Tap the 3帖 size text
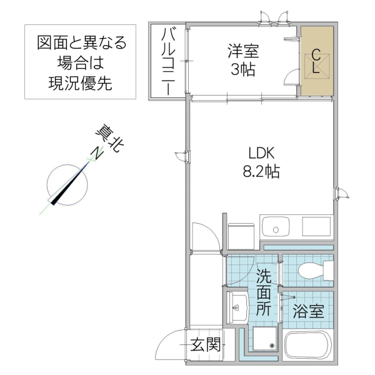click(x=242, y=69)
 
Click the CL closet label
click(x=316, y=61)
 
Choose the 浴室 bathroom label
click(x=308, y=311)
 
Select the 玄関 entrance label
click(x=206, y=343)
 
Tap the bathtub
click(x=309, y=347)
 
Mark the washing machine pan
click(x=265, y=340)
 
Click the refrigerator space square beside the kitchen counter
click(x=239, y=236)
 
